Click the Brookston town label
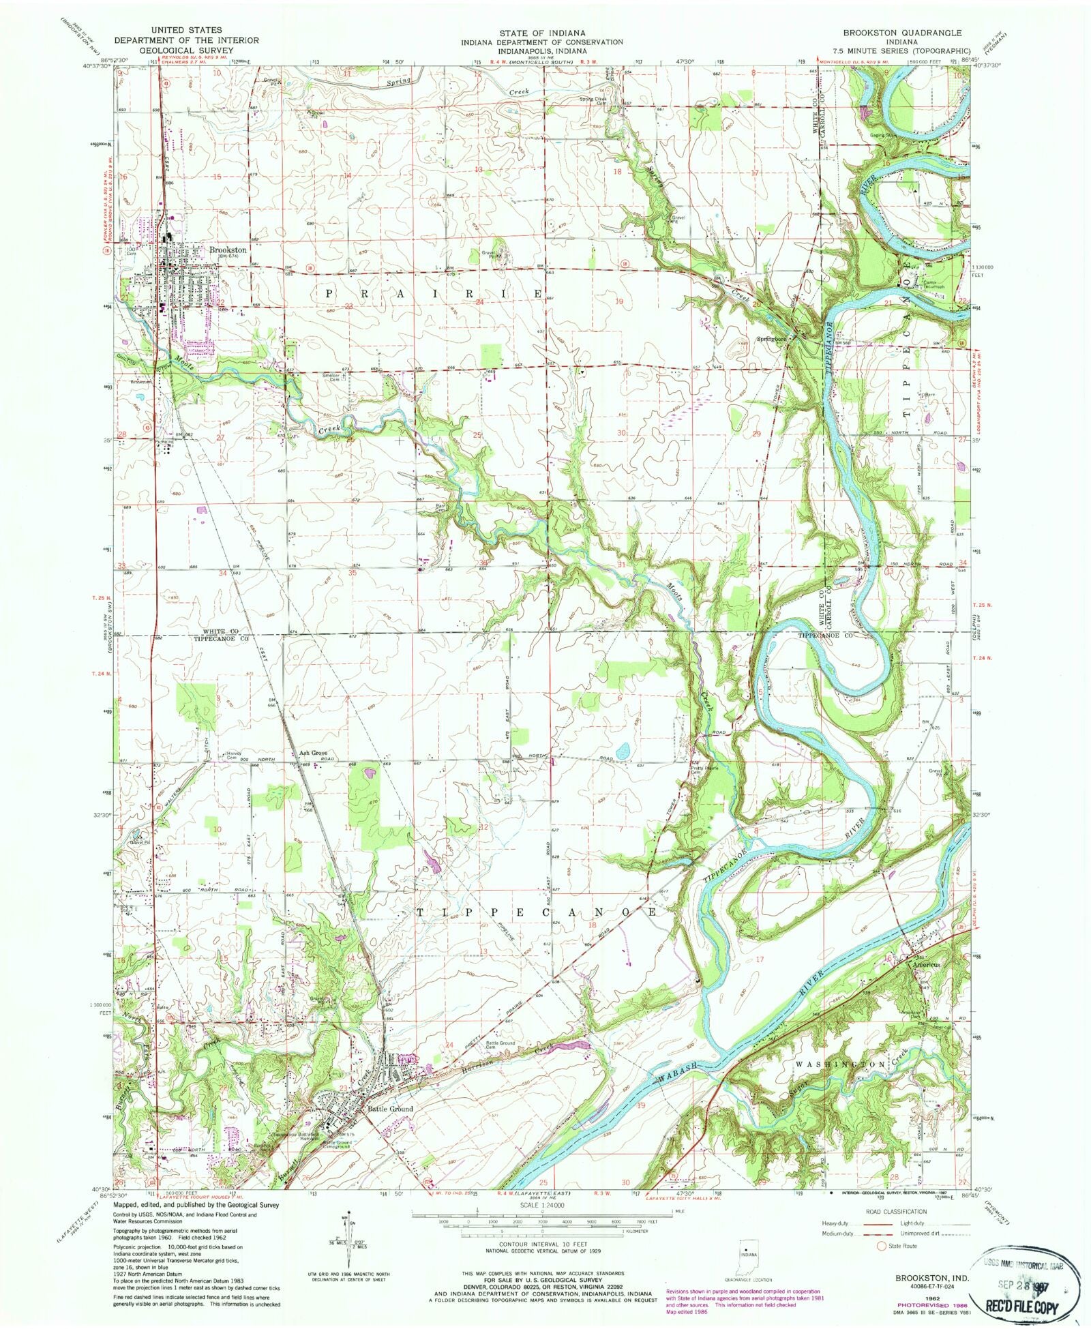pyautogui.click(x=228, y=250)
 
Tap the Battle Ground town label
pyautogui.click(x=390, y=1109)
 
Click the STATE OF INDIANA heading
pyautogui.click(x=541, y=33)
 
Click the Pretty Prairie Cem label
pyautogui.click(x=696, y=769)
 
